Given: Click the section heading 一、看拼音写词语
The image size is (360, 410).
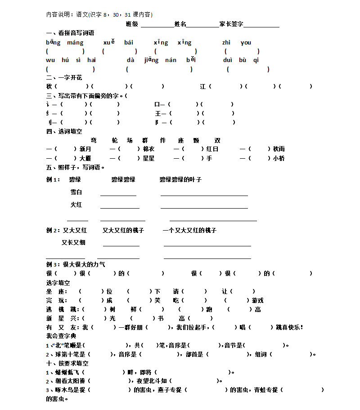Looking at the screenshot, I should click(70, 33).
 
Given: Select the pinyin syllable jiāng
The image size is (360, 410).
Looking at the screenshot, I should click(152, 60).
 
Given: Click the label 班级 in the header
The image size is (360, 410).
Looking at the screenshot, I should click(132, 24).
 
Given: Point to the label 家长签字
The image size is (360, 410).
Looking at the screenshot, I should click(231, 24).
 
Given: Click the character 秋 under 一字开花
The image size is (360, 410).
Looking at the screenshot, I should click(49, 86).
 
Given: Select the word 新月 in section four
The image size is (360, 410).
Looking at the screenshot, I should click(85, 149).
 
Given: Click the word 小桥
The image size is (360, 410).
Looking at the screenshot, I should click(279, 158).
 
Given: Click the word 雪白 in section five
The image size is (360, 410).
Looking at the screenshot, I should click(76, 192).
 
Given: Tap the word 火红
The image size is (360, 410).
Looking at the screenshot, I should click(76, 205).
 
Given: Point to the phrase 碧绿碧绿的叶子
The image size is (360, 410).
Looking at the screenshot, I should click(180, 179).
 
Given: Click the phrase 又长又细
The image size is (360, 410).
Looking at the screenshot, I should click(73, 242).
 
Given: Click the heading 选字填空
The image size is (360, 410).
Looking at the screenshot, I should click(58, 283).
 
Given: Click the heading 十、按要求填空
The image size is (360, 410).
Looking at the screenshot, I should click(67, 363).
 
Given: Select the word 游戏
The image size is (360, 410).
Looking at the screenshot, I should click(257, 300).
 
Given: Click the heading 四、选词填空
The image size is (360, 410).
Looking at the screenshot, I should click(64, 131).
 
